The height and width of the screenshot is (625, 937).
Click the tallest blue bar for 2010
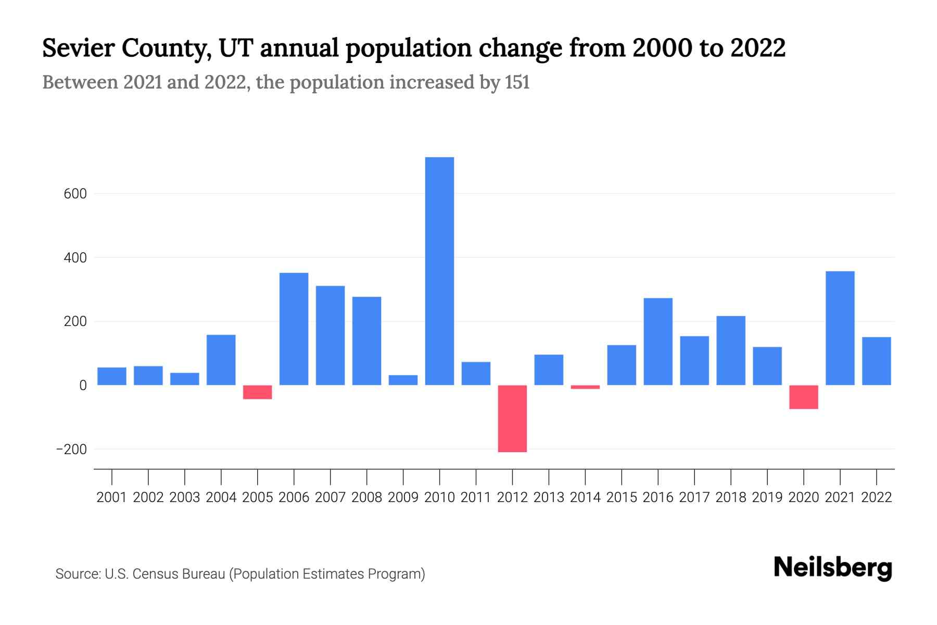tap(439, 271)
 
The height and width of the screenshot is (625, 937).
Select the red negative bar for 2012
tap(512, 418)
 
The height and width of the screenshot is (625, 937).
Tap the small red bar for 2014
tap(585, 387)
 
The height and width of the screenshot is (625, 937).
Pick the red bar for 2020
tap(803, 397)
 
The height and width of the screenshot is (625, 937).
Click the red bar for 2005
tap(257, 392)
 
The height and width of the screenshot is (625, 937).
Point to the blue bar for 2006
tap(294, 329)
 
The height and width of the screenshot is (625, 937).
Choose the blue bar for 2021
tap(840, 328)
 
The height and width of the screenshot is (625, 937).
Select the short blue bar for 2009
tap(403, 380)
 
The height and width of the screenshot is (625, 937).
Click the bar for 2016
tap(658, 341)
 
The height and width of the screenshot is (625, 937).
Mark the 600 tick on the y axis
tap(75, 194)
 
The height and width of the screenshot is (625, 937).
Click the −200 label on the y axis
tap(71, 449)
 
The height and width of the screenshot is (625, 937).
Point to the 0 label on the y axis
tap(83, 385)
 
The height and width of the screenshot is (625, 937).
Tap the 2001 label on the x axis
tap(111, 497)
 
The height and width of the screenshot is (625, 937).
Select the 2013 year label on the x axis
tap(549, 497)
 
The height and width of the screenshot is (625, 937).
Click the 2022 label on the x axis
tap(877, 497)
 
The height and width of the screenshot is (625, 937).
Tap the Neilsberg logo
tap(833, 568)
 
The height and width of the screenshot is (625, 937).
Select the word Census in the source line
tap(151, 574)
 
